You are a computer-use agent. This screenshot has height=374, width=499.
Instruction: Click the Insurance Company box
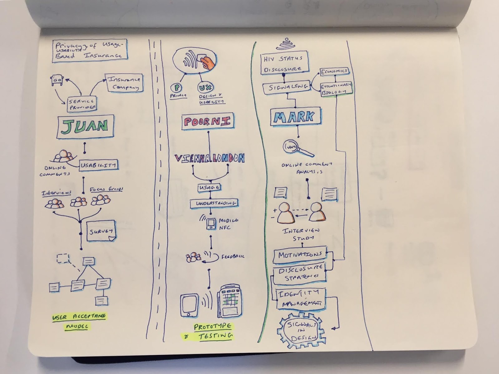(x=125, y=83)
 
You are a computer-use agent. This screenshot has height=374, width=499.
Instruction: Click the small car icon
(x=57, y=80)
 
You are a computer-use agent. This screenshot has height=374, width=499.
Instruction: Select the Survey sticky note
(x=101, y=231)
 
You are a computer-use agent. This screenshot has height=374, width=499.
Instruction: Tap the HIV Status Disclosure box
(x=284, y=63)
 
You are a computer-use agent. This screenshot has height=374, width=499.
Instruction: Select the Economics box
(x=334, y=71)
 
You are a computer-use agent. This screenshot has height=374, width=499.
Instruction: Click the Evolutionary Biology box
(x=336, y=88)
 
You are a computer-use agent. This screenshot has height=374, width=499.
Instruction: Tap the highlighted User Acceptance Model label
(x=79, y=321)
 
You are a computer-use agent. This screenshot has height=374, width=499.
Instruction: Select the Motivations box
(x=300, y=255)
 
